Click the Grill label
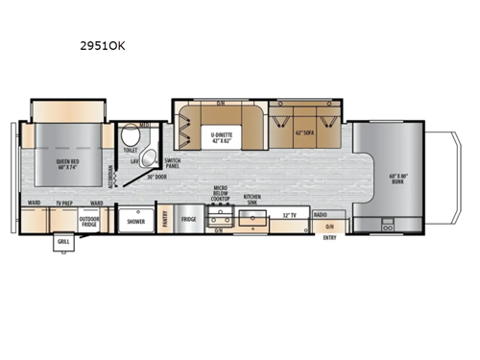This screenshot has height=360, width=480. tap(64, 241)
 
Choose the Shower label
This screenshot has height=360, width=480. tap(136, 221)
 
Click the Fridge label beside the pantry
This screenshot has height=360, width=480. tap(189, 220)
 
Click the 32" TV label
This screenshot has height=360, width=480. tap(288, 214)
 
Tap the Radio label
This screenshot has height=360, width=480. tap(321, 214)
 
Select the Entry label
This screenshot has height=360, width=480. tap(330, 235)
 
